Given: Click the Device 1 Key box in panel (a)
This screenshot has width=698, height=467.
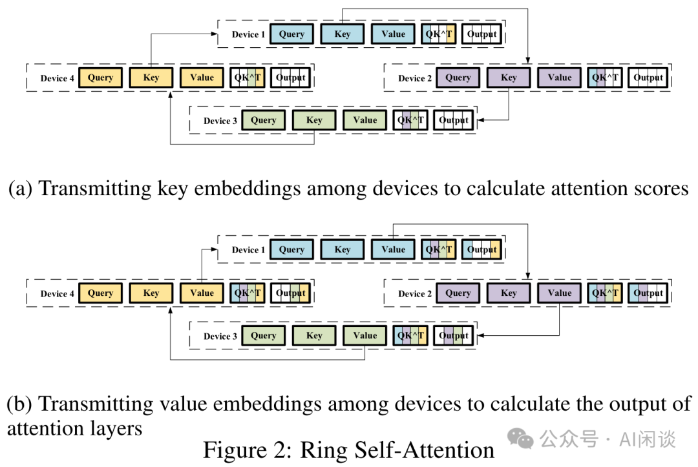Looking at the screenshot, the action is tap(343, 34).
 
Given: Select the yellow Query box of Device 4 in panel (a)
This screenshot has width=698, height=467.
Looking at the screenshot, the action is tap(100, 78).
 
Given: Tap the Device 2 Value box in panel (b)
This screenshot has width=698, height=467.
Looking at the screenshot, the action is tap(560, 293).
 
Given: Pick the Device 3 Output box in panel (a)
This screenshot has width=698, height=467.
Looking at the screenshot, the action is tap(454, 120).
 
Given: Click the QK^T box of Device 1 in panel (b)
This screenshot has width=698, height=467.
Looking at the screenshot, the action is tap(439, 249).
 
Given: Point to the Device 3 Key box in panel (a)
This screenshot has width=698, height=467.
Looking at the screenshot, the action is tap(314, 120).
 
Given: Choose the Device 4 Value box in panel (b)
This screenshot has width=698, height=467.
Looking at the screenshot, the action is tap(202, 293).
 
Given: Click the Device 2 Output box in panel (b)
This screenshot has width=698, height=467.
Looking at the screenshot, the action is tap(648, 293).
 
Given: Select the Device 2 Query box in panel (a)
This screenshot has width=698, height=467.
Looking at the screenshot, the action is tap(458, 78).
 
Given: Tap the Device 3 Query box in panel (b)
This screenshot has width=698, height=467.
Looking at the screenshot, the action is tap(264, 336).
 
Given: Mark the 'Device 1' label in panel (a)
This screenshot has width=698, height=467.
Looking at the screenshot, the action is tap(248, 35).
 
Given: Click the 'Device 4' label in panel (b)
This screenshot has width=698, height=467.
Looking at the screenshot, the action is tap(57, 294).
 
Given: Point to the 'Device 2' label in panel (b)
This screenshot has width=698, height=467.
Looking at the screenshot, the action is tap(415, 294).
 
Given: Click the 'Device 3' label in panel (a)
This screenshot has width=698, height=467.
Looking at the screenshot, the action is tap(220, 121).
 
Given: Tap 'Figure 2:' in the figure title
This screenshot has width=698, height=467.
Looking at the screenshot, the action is tap(248, 450).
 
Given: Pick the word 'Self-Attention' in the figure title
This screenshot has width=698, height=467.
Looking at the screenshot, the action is tap(424, 450).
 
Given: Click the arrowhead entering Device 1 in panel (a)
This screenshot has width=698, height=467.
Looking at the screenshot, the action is tap(214, 34).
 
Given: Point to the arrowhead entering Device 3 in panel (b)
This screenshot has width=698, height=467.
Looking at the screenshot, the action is tap(481, 336).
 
